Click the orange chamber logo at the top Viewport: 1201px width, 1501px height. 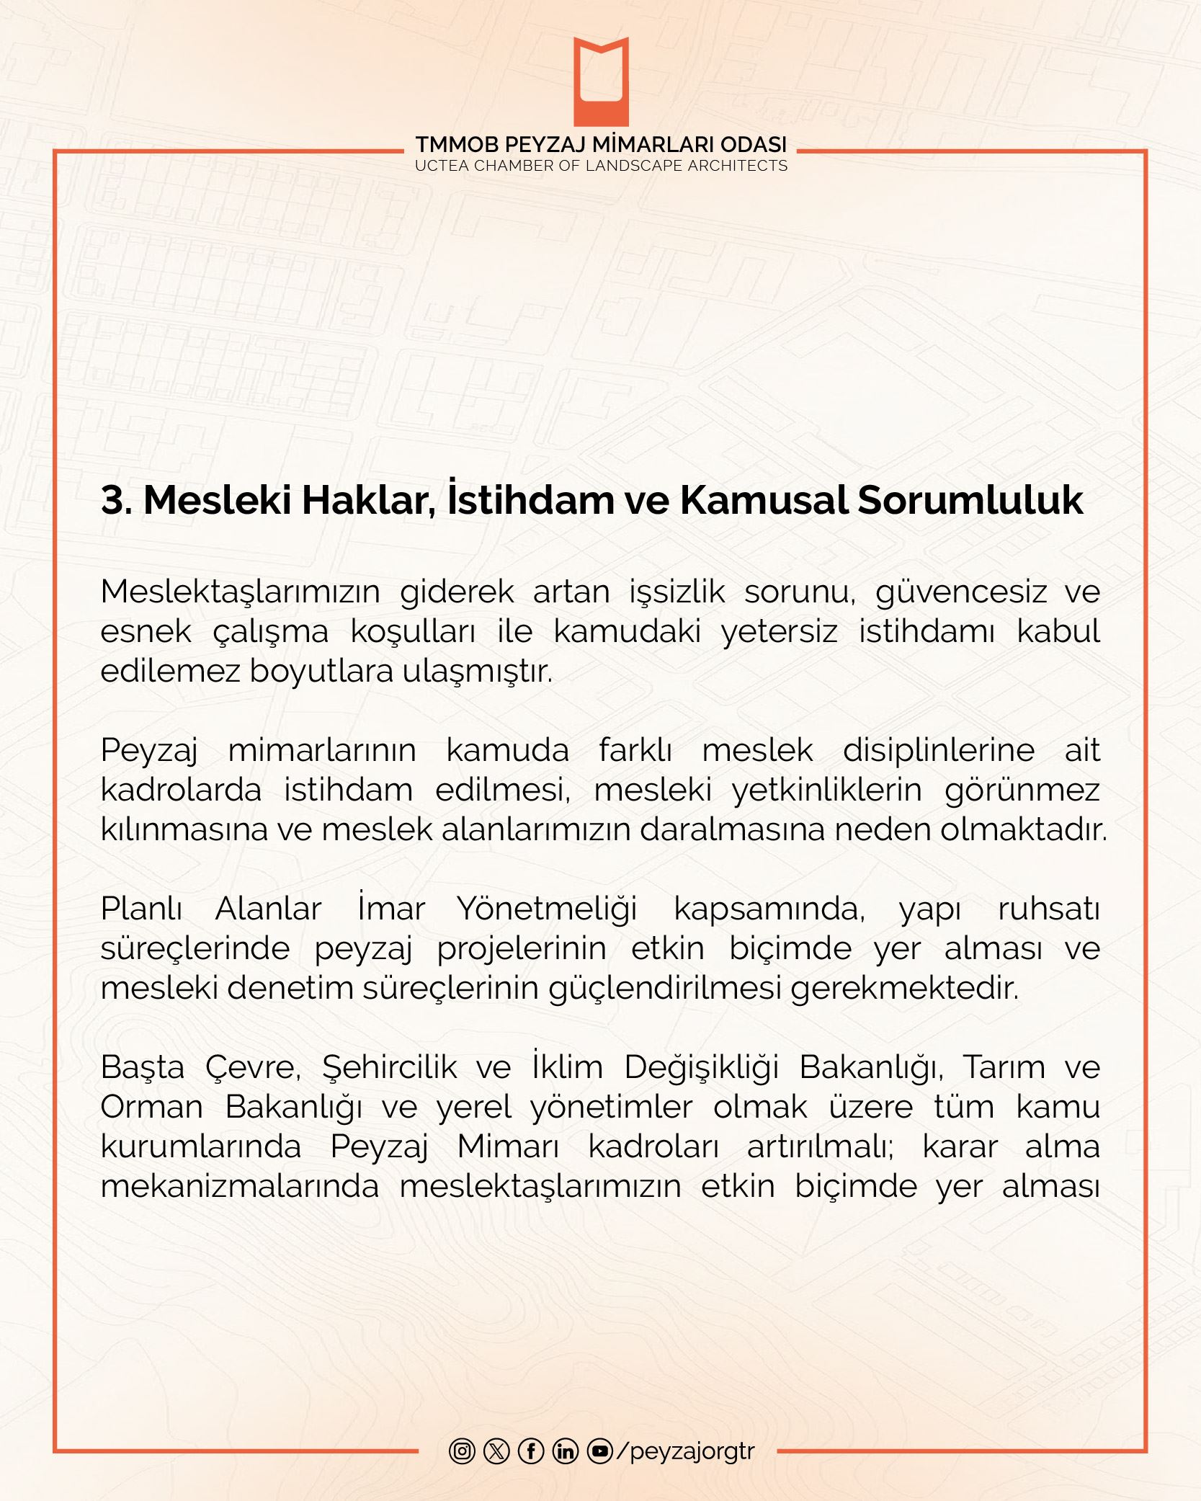601,81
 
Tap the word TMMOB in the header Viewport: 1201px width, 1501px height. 454,145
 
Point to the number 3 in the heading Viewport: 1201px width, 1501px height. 112,499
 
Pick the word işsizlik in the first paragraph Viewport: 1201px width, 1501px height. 677,592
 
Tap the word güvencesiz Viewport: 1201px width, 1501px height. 961,592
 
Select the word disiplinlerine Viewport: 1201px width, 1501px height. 938,750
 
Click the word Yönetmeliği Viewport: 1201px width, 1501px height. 548,909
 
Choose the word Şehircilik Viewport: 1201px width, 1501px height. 389,1067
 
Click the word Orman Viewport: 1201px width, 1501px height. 151,1107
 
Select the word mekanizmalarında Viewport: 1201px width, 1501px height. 239,1186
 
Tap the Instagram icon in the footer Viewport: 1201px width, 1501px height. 462,1450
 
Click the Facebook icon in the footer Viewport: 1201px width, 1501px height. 531,1450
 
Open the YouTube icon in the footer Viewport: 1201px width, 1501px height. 600,1450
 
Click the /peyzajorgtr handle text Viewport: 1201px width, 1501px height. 686,1451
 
